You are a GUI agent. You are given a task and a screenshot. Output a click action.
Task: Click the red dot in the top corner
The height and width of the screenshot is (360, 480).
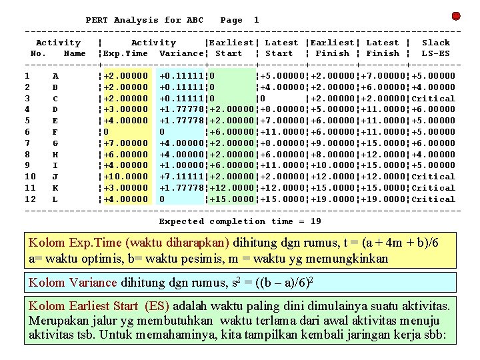tap(456, 16)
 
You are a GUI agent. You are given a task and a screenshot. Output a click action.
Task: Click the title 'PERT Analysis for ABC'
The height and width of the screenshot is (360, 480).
tap(145, 20)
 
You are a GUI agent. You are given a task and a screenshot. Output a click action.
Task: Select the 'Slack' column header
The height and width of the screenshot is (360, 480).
tap(436, 43)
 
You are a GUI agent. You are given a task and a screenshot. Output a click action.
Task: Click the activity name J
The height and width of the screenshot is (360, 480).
tap(55, 177)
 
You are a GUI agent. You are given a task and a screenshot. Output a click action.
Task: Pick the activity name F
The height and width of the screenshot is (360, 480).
tap(55, 132)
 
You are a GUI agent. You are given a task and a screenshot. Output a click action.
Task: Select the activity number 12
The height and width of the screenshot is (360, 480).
tap(30, 199)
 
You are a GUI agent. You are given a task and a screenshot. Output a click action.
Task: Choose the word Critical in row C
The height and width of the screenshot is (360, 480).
tap(433, 99)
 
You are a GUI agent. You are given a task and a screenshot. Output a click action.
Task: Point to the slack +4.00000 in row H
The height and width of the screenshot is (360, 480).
tap(433, 154)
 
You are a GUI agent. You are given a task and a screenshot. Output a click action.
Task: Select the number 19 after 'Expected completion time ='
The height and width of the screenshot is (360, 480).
tap(315, 221)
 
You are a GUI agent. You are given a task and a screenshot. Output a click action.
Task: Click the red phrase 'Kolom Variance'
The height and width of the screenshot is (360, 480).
tap(72, 283)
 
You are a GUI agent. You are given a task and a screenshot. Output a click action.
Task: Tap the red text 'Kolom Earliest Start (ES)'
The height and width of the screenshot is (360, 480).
tap(99, 307)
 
